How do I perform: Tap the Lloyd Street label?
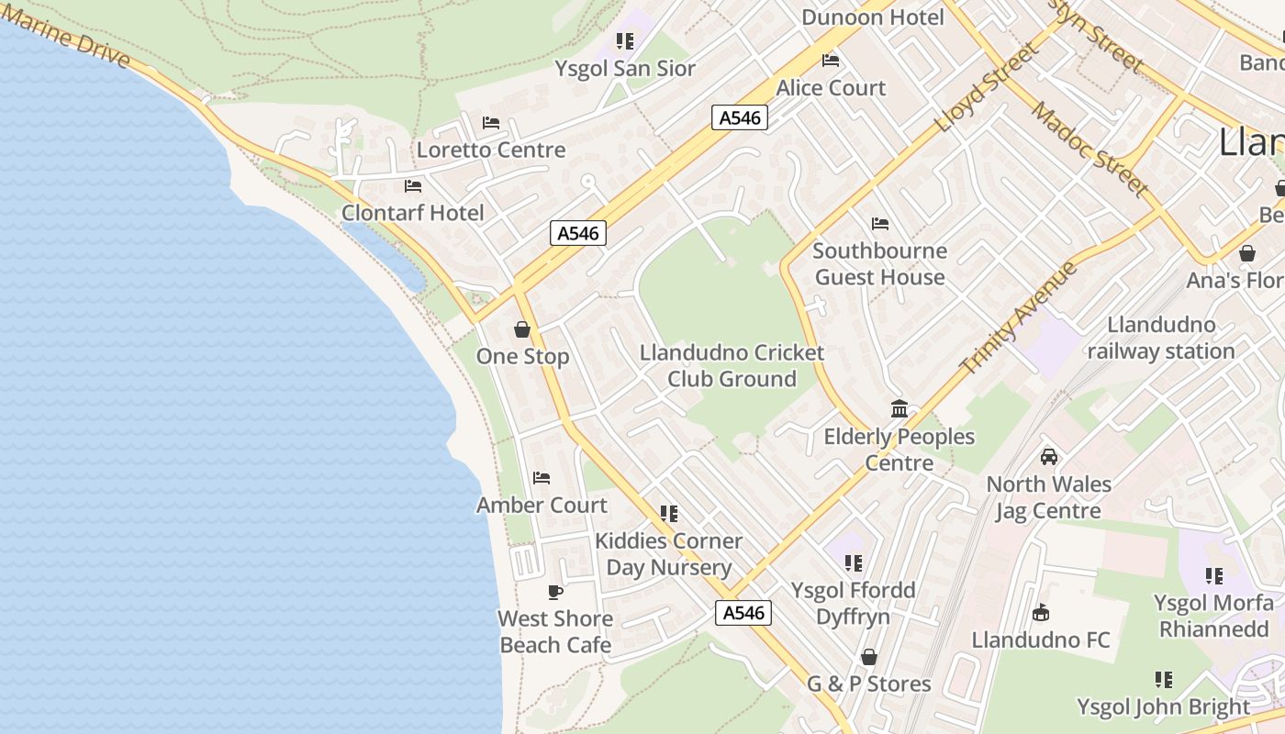click(x=988, y=87)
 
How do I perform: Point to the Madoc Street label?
click(x=1090, y=149)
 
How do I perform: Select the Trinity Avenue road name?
click(x=1019, y=317)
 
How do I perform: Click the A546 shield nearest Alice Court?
click(x=739, y=117)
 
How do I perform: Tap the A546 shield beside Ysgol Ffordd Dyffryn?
click(x=743, y=613)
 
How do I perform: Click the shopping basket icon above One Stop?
click(x=522, y=329)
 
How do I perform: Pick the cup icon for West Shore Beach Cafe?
click(x=554, y=592)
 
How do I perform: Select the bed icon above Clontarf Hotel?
click(x=413, y=186)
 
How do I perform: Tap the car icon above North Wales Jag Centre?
click(x=1048, y=457)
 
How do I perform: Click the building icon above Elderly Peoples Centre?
click(x=899, y=409)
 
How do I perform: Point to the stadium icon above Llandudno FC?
click(x=1041, y=613)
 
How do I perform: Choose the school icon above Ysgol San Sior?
click(x=625, y=41)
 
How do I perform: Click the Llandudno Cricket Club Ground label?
click(x=732, y=366)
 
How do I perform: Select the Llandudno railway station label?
click(x=1161, y=338)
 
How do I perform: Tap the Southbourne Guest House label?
click(x=879, y=264)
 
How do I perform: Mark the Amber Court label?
click(x=542, y=505)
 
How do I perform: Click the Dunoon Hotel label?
click(x=872, y=17)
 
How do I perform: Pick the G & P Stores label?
click(x=868, y=684)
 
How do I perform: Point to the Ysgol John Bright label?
click(x=1163, y=707)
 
